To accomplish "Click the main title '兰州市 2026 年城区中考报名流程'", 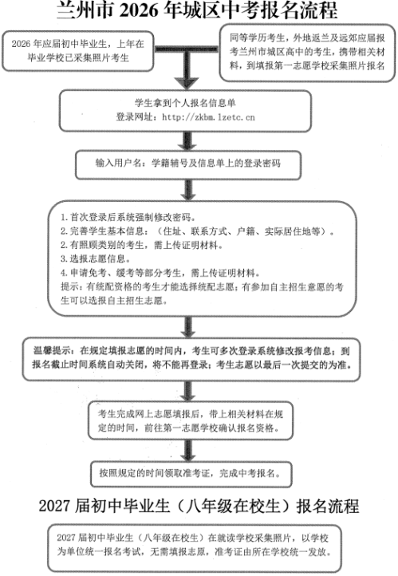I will click(x=198, y=10).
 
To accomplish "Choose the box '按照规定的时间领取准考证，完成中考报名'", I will click(x=198, y=472).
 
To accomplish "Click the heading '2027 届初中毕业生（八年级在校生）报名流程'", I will click(x=199, y=506).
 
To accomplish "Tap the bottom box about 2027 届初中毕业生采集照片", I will click(x=199, y=544).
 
